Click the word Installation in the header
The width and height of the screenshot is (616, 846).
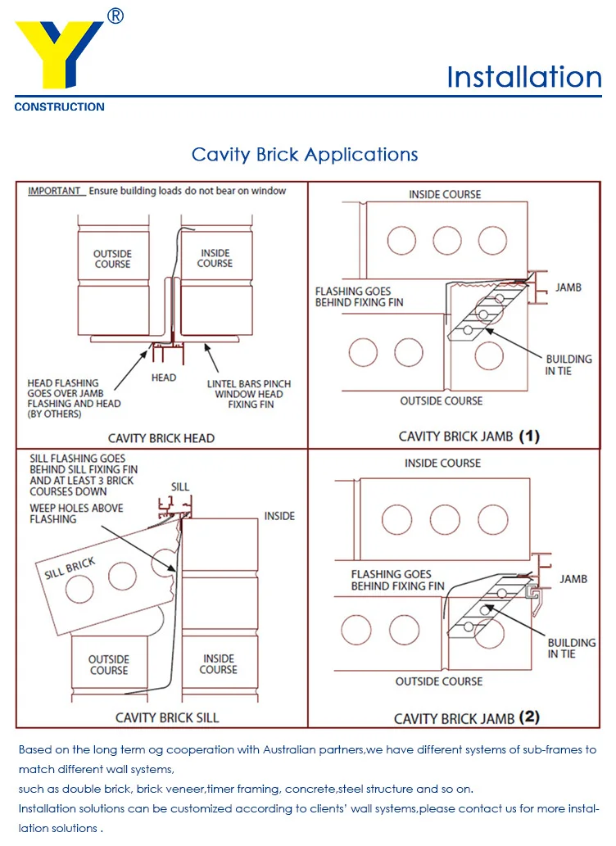[524, 77]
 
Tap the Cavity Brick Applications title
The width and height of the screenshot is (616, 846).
[305, 154]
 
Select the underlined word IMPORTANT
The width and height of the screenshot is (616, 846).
[55, 191]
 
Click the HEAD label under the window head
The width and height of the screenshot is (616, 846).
[164, 378]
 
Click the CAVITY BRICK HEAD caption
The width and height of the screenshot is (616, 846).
[161, 438]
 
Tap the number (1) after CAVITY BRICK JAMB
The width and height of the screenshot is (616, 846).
[529, 436]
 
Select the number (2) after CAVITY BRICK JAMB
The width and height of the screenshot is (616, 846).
[529, 717]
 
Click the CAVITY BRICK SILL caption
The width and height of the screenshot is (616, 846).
[167, 717]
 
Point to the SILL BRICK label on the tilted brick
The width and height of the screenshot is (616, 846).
[70, 568]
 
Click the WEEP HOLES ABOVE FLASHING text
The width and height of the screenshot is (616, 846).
[76, 513]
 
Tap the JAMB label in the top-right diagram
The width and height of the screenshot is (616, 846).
[568, 287]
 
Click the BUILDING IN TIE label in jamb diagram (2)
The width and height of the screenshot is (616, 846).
[571, 648]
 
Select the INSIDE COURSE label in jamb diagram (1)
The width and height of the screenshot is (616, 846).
[445, 194]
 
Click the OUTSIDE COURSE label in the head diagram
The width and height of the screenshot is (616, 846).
[112, 259]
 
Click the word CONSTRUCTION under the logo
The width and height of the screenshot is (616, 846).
[59, 106]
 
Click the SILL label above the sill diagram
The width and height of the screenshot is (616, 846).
[180, 486]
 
